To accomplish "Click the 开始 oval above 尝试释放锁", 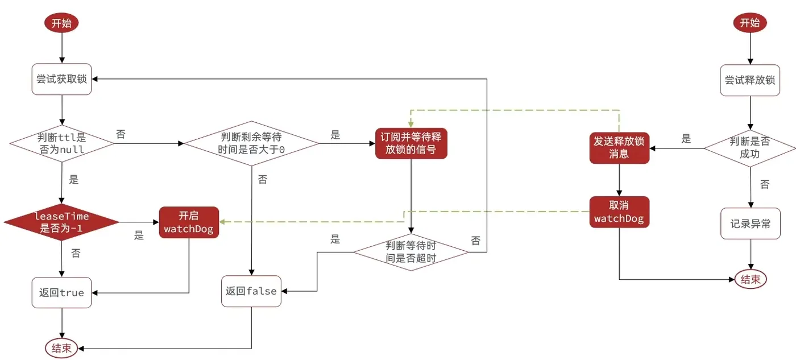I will click(750, 23).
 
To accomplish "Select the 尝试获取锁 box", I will click(61, 79).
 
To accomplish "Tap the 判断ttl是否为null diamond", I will click(61, 143).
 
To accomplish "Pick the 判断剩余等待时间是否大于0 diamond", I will click(251, 143).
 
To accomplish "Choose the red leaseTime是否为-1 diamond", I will click(61, 222).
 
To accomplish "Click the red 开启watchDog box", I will click(189, 222).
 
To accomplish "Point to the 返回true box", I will click(61, 292).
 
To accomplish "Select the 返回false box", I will click(251, 291).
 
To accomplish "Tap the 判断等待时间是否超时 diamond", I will click(411, 251).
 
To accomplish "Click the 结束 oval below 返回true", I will click(61, 349).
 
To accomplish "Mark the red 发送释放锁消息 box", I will click(619, 147).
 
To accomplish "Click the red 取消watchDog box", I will click(619, 212).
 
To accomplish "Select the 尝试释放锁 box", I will click(750, 80).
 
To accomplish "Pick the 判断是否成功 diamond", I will click(750, 147).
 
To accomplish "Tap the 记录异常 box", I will click(750, 224).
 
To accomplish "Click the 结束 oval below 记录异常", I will click(751, 279).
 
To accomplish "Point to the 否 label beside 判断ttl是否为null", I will click(121, 135).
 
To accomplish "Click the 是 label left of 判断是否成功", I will click(686, 138).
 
